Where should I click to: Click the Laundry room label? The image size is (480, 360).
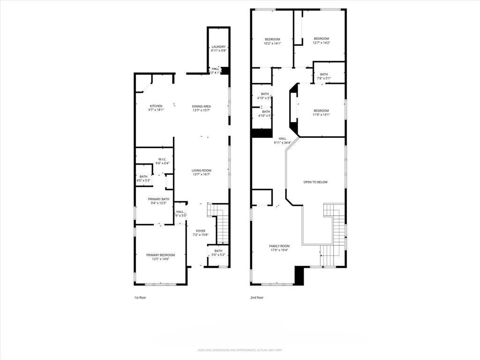(x=218, y=47)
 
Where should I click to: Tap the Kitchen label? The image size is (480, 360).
(x=156, y=106)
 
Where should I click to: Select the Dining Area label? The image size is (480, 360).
(x=201, y=106)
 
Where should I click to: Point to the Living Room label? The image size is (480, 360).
(x=201, y=171)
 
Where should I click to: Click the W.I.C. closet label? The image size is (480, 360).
(x=163, y=159)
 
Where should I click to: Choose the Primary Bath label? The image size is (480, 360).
(x=158, y=199)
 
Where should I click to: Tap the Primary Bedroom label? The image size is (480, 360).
(x=160, y=255)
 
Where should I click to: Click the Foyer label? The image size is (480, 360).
(x=201, y=231)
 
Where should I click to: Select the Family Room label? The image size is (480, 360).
(x=279, y=246)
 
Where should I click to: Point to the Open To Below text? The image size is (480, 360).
(x=315, y=182)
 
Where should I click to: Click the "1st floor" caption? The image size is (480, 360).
(x=140, y=297)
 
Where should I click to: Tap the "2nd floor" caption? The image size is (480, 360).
(x=257, y=297)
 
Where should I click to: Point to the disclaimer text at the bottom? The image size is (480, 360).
(x=240, y=350)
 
